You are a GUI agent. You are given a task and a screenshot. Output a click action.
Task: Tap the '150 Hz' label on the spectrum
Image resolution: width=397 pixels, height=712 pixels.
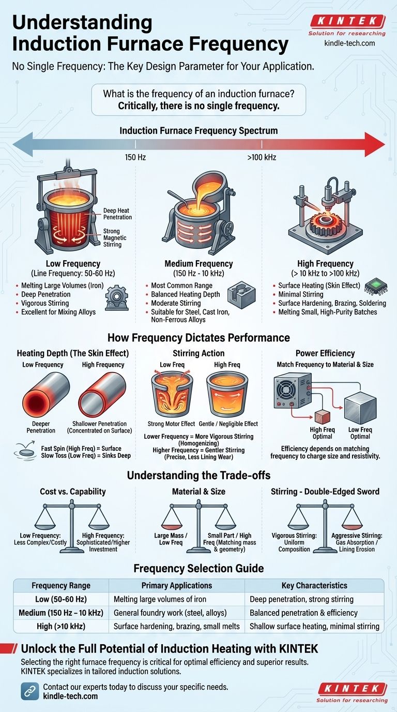tap(135, 156)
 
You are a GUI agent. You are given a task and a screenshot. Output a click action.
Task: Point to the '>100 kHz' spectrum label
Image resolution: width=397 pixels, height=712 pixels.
tap(262, 156)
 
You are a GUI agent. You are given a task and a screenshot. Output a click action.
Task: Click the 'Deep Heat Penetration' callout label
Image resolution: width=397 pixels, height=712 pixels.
tap(117, 214)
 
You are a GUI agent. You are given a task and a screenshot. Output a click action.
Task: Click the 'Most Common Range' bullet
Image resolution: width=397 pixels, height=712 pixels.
tap(178, 285)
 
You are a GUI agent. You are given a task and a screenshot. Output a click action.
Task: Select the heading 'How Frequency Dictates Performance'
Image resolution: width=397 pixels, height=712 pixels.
tap(198, 337)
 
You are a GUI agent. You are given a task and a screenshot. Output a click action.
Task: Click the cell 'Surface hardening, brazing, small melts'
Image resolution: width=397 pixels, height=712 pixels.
tap(176, 626)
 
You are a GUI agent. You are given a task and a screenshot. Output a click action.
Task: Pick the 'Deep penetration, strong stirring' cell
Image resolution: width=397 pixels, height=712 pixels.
tap(301, 599)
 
